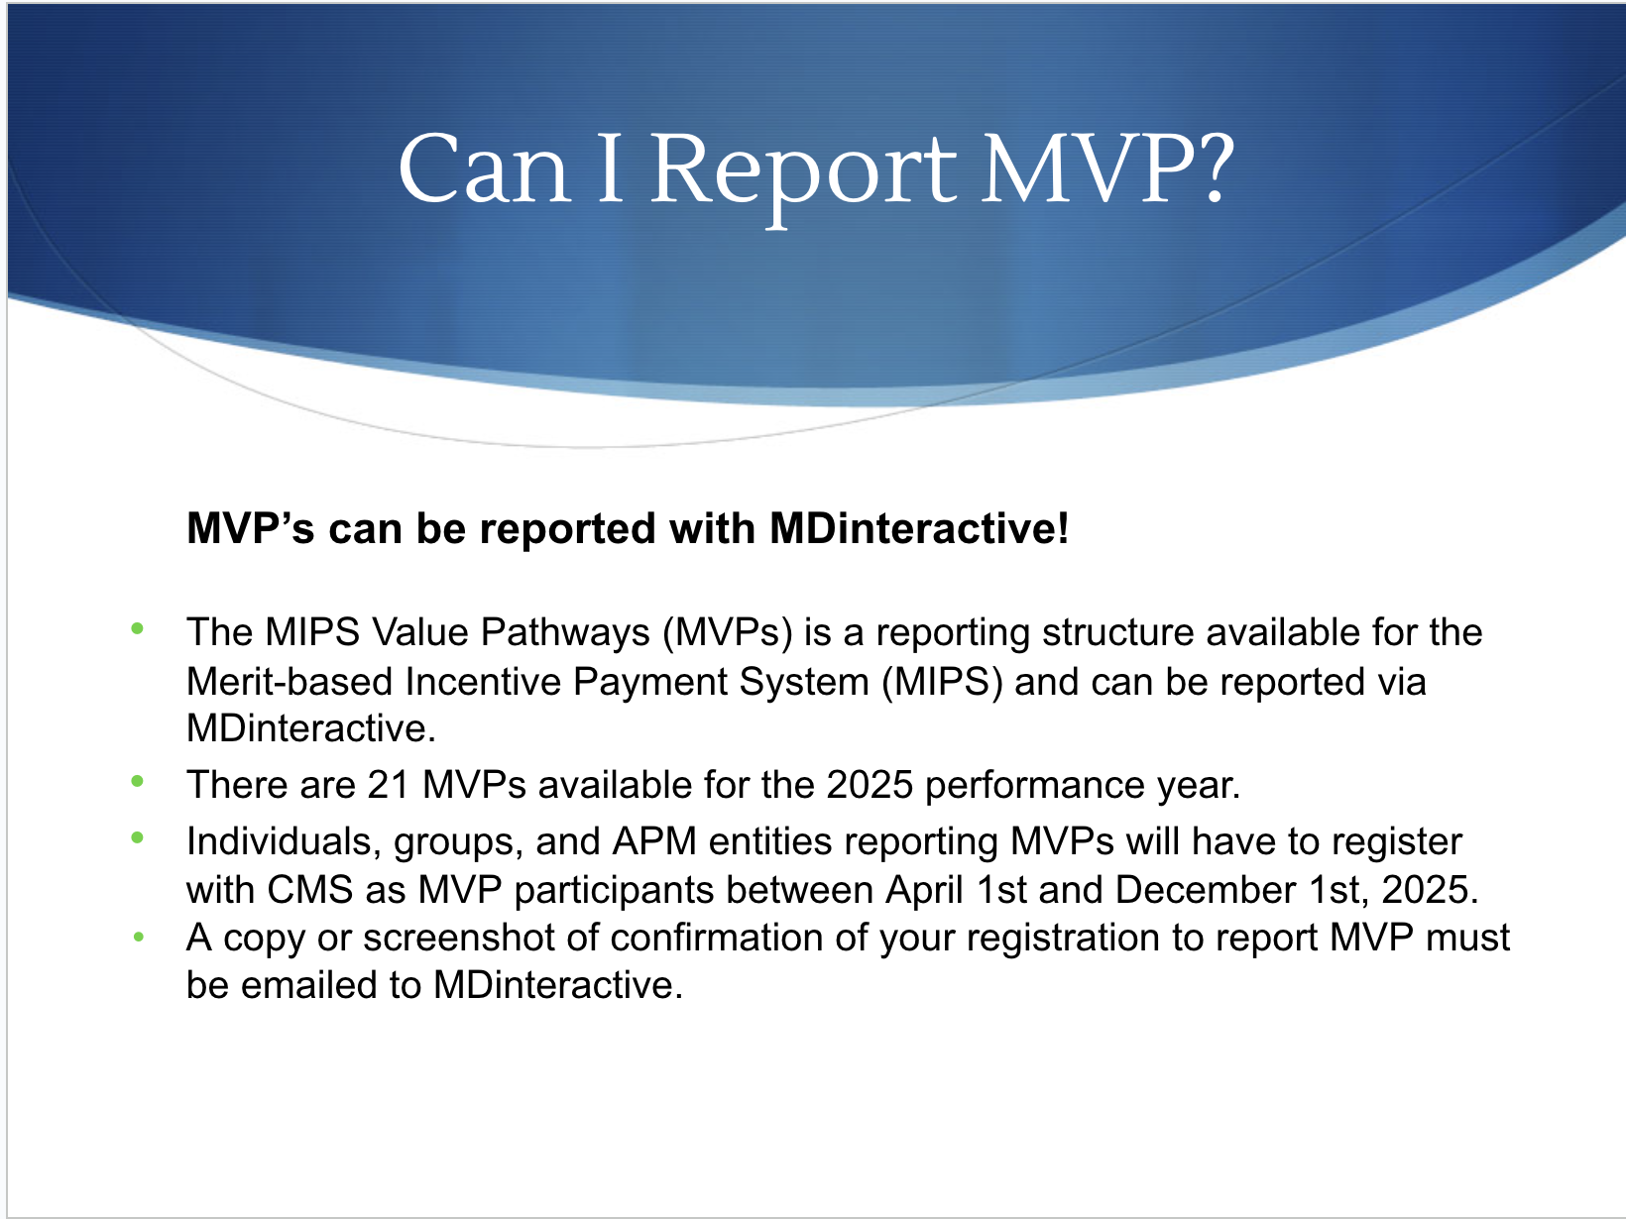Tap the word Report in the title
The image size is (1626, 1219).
tap(804, 177)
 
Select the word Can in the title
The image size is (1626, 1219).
tap(485, 167)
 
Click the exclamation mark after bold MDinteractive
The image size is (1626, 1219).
tap(1062, 528)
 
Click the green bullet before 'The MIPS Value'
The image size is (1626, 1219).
tap(137, 628)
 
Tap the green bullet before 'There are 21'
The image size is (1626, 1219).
tap(137, 781)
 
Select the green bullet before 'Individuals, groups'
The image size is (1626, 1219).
tap(137, 837)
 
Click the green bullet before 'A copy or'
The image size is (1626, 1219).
tap(139, 937)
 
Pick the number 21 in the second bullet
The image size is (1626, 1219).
tap(388, 785)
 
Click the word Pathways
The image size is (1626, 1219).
tap(565, 633)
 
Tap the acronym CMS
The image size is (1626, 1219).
tap(309, 890)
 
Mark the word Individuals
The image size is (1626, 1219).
tap(284, 842)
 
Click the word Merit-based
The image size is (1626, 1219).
tap(289, 681)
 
